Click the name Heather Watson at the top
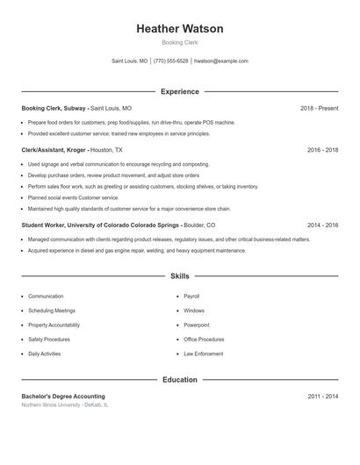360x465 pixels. [x=180, y=29]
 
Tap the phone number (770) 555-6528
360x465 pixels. [x=171, y=61]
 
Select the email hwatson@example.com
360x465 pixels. [x=221, y=61]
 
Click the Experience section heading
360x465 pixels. [x=180, y=91]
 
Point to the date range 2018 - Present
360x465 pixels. [x=319, y=109]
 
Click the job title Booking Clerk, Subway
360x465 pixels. [x=54, y=109]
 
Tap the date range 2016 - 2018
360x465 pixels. [x=322, y=150]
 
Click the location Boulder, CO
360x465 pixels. [x=199, y=225]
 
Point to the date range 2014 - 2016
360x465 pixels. [x=322, y=225]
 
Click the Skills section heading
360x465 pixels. [x=180, y=276]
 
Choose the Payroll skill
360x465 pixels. [x=191, y=297]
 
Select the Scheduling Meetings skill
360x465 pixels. [x=52, y=311]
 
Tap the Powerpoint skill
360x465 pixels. [x=197, y=325]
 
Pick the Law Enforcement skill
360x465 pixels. [x=204, y=354]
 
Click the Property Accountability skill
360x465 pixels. [x=54, y=325]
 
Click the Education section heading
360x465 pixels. [x=180, y=380]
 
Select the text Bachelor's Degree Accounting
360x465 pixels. [x=63, y=397]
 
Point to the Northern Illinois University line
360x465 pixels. [x=65, y=405]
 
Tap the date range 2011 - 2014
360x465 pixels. [x=322, y=397]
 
